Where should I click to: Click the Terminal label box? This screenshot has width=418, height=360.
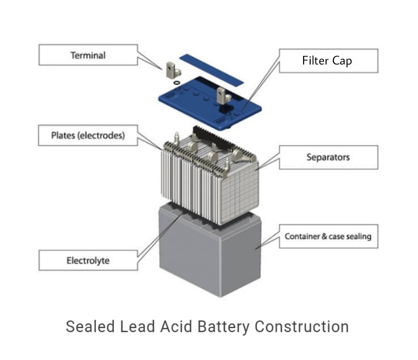pyautogui.click(x=88, y=55)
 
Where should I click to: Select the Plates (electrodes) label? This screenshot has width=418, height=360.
pyautogui.click(x=88, y=135)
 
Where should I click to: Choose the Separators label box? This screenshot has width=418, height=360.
pyautogui.click(x=328, y=157)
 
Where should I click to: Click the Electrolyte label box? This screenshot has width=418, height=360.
pyautogui.click(x=88, y=260)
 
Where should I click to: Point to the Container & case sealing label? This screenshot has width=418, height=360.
pyautogui.click(x=328, y=236)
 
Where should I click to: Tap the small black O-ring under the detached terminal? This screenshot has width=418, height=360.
pyautogui.click(x=176, y=81)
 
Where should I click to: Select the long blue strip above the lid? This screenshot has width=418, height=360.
pyautogui.click(x=210, y=68)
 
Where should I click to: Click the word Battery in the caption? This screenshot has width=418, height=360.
pyautogui.click(x=224, y=326)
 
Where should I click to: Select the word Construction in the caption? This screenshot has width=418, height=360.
pyautogui.click(x=302, y=326)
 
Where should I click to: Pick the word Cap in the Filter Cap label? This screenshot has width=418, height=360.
pyautogui.click(x=342, y=60)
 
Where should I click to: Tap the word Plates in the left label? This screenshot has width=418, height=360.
pyautogui.click(x=62, y=135)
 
